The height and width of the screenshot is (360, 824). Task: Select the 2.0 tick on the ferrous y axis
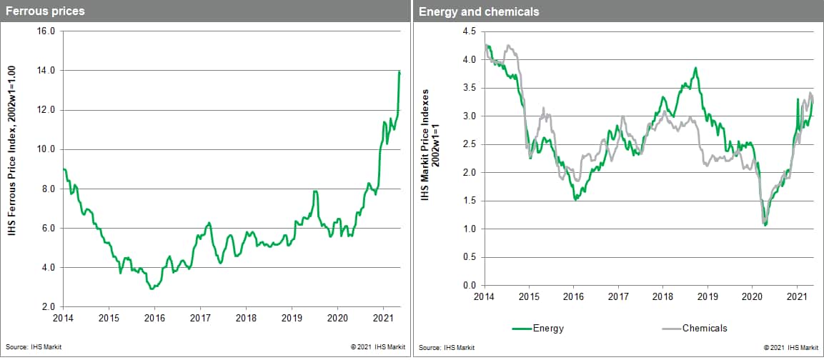click(x=48, y=306)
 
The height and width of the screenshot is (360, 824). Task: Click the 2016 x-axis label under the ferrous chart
click(x=154, y=319)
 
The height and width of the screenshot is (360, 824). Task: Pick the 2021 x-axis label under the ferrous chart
click(x=383, y=319)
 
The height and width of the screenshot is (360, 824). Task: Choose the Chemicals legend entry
click(x=704, y=328)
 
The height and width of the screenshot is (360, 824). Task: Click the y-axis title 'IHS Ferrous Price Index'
click(x=13, y=169)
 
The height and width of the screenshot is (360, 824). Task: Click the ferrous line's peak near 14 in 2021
click(x=399, y=72)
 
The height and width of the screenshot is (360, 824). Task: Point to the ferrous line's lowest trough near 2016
click(x=151, y=289)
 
